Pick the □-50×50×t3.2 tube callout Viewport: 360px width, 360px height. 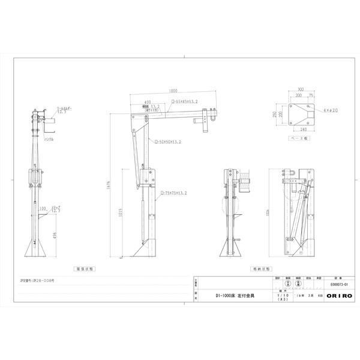[169, 142]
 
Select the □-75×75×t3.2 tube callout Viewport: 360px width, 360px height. [175, 193]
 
